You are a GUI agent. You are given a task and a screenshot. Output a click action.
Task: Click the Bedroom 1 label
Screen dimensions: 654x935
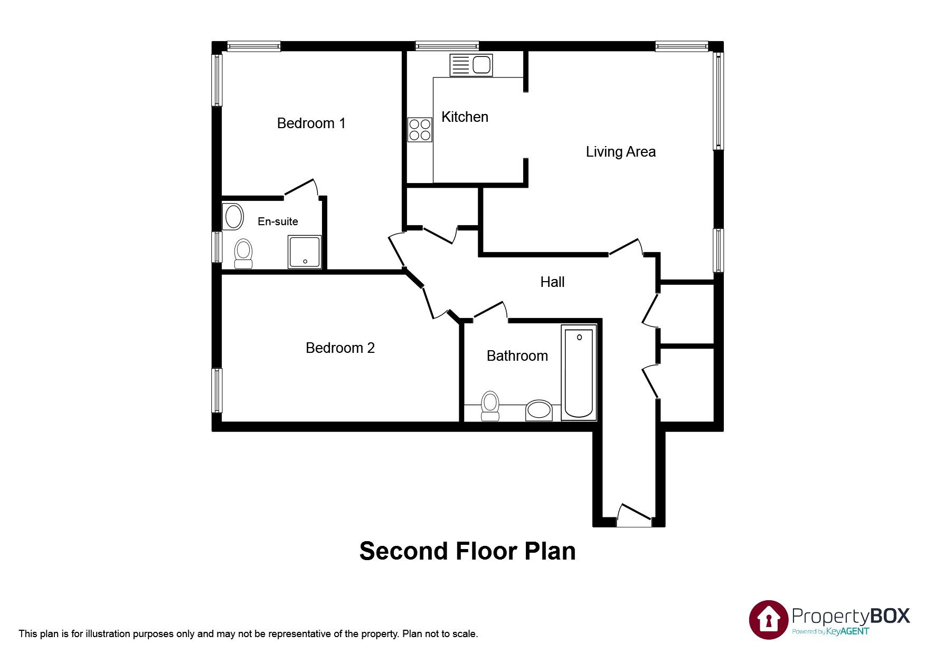(x=311, y=123)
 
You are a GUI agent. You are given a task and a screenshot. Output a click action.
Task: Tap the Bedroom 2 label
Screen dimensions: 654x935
(x=340, y=348)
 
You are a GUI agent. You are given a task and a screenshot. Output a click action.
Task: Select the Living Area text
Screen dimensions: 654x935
(x=620, y=152)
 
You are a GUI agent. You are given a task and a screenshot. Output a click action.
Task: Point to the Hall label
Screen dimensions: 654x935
(x=552, y=282)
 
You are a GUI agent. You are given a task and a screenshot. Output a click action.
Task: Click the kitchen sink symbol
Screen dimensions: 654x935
(x=471, y=65)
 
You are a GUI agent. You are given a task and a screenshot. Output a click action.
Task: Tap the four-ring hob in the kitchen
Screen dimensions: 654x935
(x=420, y=130)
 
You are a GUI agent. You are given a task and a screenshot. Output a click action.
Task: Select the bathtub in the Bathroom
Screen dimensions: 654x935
(x=579, y=372)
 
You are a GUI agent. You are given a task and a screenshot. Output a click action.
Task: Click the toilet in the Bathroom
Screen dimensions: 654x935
(x=490, y=406)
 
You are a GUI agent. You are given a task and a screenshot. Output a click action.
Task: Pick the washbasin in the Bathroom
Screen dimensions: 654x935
(x=539, y=410)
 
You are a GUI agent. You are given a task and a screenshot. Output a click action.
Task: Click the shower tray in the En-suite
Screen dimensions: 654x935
(x=305, y=252)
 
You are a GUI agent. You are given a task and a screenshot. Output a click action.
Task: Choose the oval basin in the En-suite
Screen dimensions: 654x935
(x=233, y=216)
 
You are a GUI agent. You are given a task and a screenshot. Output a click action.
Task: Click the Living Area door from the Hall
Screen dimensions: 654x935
(x=625, y=247)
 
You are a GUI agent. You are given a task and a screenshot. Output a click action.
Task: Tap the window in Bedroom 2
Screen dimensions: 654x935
(x=216, y=390)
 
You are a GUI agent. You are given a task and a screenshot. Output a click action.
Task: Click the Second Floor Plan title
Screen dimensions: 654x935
(x=467, y=551)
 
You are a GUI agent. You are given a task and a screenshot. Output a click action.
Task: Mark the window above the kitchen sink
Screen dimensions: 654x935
(x=447, y=46)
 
